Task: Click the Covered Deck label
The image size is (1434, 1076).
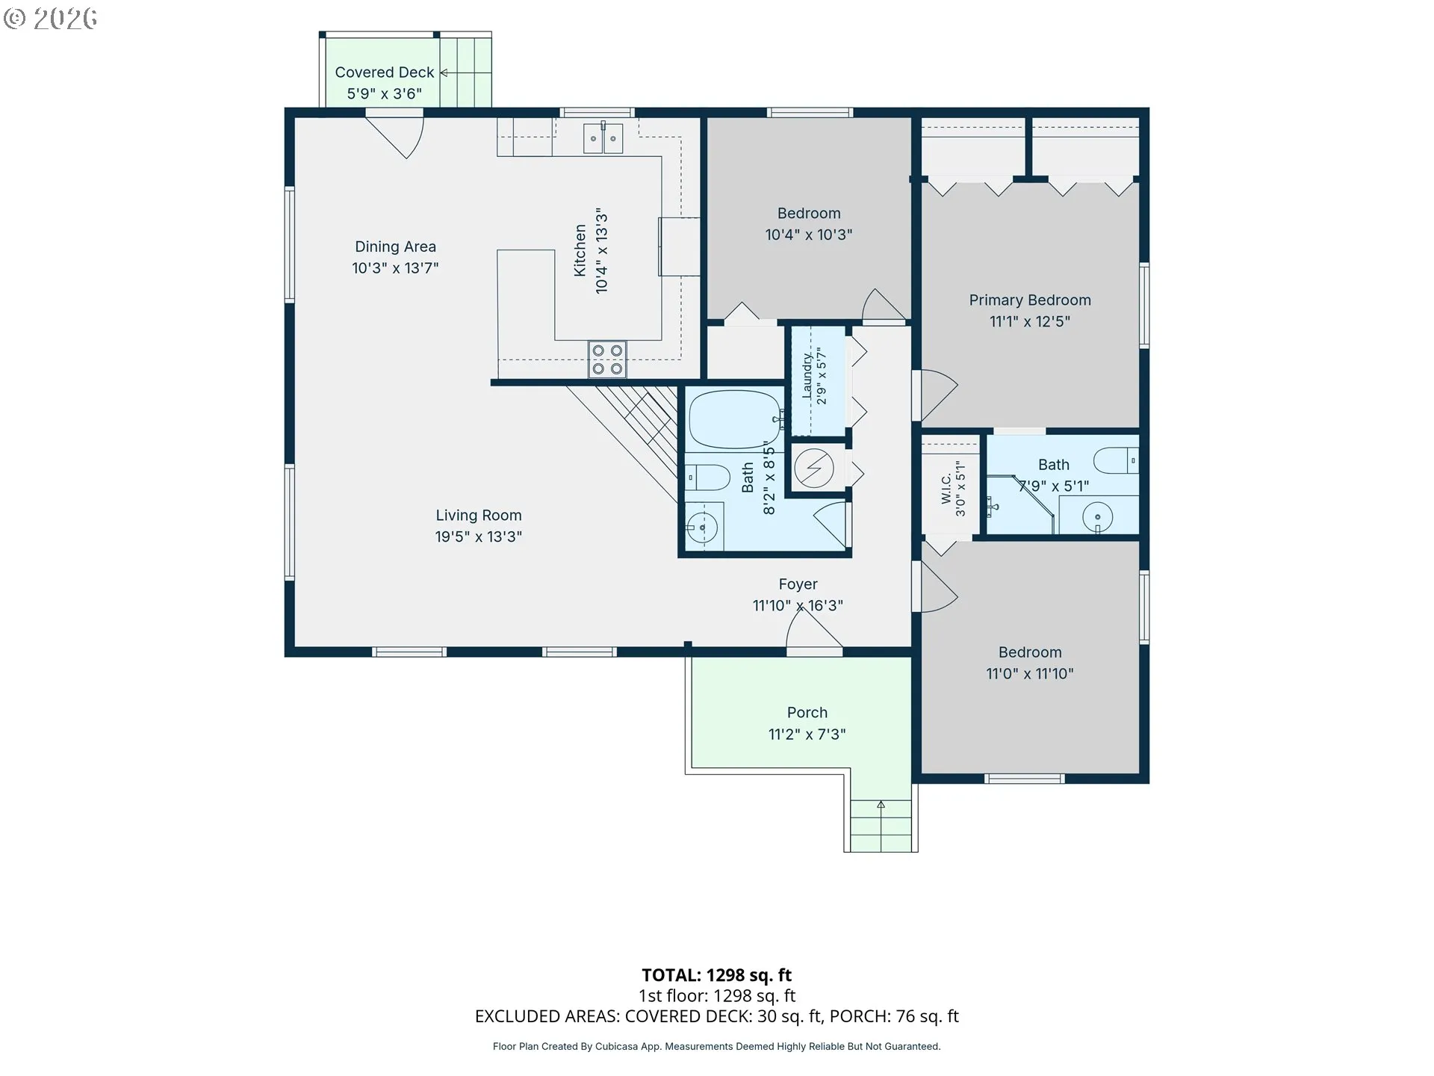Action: (x=384, y=72)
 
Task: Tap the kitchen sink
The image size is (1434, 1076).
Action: (x=603, y=138)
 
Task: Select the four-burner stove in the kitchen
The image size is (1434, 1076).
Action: (x=607, y=359)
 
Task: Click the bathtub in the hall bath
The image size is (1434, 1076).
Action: (x=735, y=419)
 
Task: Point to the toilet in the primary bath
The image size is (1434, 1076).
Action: (x=1117, y=460)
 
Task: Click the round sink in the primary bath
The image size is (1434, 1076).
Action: (x=1097, y=516)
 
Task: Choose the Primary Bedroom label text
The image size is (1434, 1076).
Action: (x=1030, y=300)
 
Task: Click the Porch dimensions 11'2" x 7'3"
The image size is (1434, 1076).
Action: (x=807, y=735)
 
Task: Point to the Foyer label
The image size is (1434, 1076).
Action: (x=798, y=584)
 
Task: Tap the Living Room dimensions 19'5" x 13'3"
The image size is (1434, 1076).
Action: (x=479, y=537)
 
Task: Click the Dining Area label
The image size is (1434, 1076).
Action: (x=395, y=247)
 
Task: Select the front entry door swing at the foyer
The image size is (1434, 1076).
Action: (x=814, y=628)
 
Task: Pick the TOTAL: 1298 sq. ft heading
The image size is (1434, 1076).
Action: (x=716, y=975)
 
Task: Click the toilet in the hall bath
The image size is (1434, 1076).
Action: (x=707, y=477)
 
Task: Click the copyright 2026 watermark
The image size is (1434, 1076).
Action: (x=50, y=19)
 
